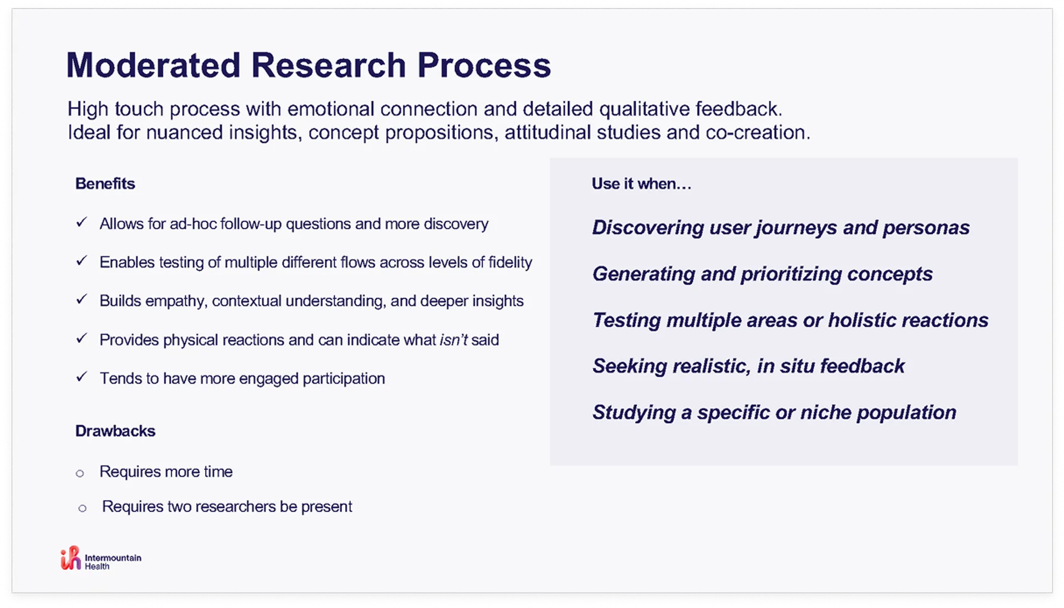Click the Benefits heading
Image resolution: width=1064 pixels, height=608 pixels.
pos(105,183)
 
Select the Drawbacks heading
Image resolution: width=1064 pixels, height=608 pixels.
pos(115,431)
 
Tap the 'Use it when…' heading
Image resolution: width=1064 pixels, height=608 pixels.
pos(641,183)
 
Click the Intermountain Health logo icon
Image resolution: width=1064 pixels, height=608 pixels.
pos(70,558)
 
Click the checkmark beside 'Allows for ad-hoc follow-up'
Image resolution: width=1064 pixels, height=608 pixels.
pos(81,222)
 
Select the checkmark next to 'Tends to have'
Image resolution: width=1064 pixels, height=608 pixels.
pos(81,377)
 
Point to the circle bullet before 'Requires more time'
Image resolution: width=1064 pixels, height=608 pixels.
pos(80,473)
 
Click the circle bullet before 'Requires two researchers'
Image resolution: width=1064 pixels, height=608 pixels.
pos(83,508)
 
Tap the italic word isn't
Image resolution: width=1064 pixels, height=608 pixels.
pos(453,340)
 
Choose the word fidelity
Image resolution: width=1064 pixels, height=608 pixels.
pos(510,262)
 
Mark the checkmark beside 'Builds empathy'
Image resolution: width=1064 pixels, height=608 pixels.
pos(81,299)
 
